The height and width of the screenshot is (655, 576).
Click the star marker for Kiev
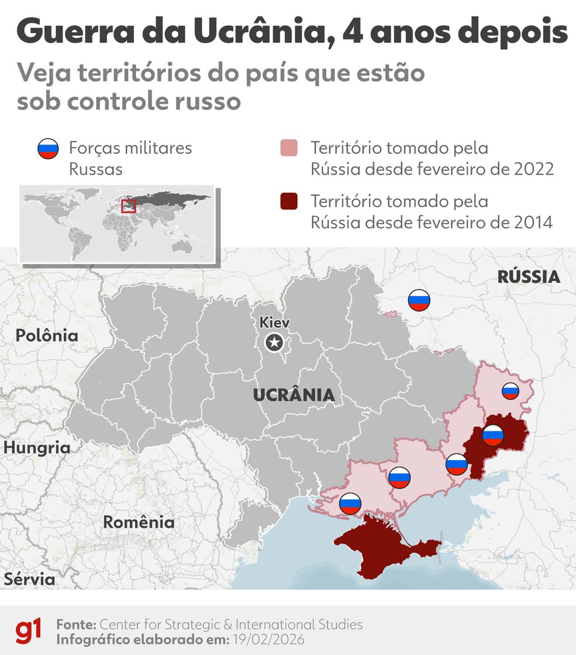(273, 343)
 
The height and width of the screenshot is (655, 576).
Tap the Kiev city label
(275, 323)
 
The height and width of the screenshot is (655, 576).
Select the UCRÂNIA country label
(294, 395)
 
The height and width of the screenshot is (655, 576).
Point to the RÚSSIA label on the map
(529, 276)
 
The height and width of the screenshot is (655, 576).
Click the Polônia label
(47, 335)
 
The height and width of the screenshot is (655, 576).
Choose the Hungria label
(36, 448)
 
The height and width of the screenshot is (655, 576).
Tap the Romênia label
(139, 522)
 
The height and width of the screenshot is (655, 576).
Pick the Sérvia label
(30, 579)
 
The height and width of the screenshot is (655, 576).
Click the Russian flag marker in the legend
(48, 150)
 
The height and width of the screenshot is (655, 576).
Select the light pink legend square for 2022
(289, 149)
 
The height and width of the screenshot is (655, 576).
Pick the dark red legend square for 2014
(289, 202)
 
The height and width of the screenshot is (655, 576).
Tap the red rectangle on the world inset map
(128, 206)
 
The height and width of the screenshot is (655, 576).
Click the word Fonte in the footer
(77, 624)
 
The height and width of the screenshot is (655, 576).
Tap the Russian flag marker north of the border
(419, 300)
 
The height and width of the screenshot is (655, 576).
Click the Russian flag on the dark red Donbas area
(493, 435)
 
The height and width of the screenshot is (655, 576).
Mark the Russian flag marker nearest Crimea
(350, 503)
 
